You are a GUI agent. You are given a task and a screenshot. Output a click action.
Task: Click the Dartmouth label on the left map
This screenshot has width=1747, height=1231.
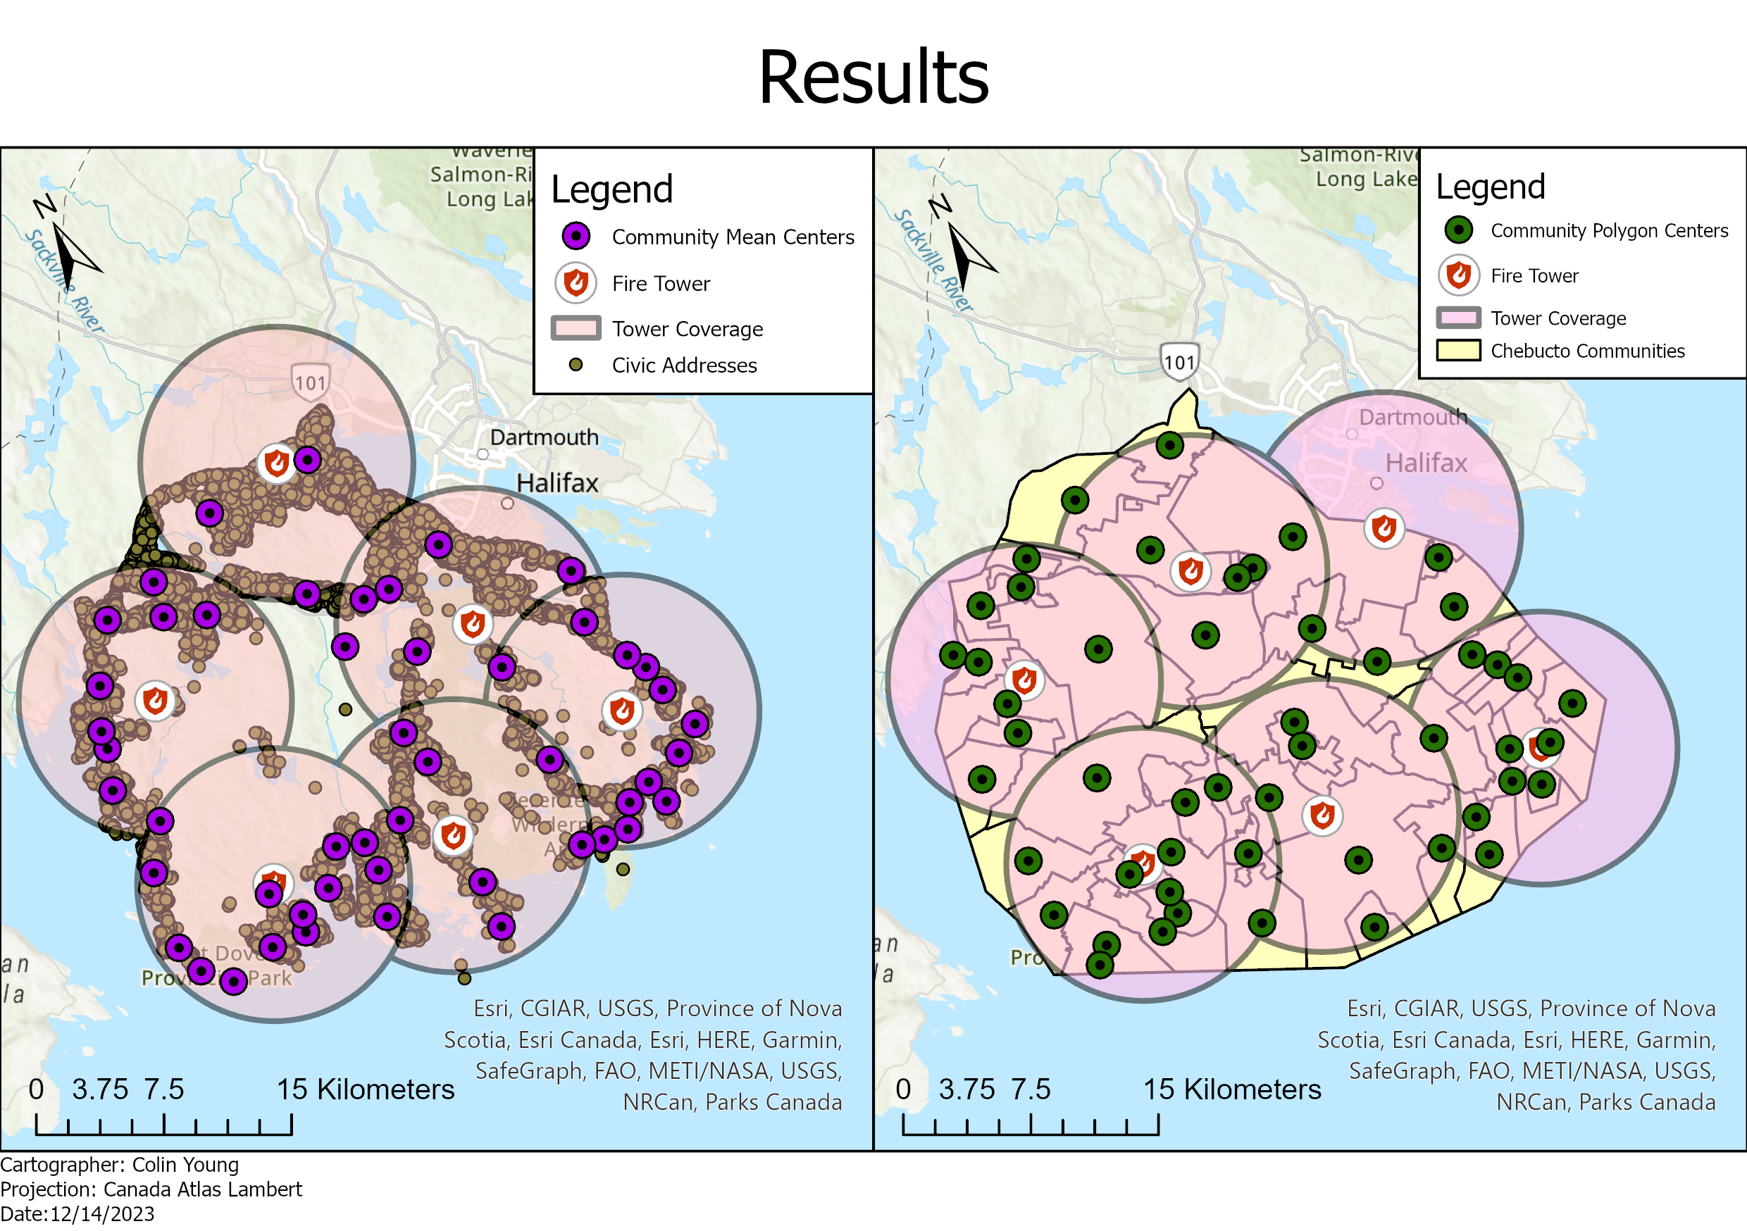544,437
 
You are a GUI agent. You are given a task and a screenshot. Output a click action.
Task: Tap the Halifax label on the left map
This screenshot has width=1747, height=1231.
557,483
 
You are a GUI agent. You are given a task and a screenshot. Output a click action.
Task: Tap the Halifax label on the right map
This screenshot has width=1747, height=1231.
1425,463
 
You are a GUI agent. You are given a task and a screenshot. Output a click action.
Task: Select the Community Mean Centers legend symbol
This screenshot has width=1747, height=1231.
576,237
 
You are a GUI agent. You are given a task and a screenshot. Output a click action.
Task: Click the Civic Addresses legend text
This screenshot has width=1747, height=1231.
684,365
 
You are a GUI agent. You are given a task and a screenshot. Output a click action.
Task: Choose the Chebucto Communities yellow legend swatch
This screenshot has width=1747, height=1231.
1458,351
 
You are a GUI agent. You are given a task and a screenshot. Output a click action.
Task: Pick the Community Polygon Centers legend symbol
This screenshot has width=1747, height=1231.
1458,230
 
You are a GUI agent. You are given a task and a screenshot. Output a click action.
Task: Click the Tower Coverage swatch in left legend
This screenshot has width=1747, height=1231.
576,329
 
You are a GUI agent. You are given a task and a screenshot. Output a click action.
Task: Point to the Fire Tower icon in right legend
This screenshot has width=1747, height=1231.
1458,275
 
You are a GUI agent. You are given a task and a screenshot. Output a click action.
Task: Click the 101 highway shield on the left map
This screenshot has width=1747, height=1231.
311,381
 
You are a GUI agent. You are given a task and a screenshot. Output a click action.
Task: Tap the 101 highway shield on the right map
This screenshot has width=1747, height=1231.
1179,361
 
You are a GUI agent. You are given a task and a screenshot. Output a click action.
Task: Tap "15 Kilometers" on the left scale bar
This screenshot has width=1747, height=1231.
365,1089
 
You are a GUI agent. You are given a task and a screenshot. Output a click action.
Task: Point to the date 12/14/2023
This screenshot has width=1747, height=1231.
102,1214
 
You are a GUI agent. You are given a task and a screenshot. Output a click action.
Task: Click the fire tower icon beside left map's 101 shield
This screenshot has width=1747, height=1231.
276,463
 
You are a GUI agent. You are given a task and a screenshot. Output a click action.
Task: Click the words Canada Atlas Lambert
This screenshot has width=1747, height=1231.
202,1189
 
